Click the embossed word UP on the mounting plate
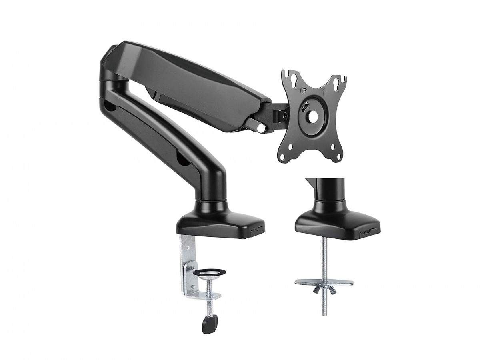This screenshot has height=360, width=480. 302,90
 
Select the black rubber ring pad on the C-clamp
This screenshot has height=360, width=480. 209,272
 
